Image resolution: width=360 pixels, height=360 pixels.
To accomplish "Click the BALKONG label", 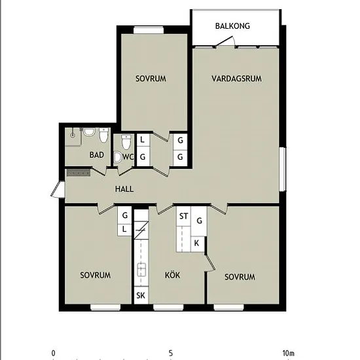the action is pos(232,26).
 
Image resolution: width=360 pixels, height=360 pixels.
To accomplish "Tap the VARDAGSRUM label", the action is pos(236,79).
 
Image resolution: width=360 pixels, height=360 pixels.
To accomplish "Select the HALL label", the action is pos(124,189).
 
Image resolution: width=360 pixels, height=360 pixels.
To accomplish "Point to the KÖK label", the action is pos(172,275).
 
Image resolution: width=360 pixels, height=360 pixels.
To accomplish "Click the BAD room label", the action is pos(97,155).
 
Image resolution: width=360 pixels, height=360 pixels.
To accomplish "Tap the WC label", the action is pos(128,157).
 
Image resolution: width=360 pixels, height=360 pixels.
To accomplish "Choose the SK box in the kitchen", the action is pos(141,295).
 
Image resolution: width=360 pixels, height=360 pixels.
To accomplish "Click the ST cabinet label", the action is pos(183,216).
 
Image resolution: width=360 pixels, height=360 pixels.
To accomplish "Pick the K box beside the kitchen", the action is pos(197,243).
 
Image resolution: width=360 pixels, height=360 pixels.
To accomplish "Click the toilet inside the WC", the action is pos(126,142).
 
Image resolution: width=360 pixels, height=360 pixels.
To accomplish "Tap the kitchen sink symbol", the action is pos(141,270).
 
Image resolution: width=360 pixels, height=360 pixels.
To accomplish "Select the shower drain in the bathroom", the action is pos(73,135).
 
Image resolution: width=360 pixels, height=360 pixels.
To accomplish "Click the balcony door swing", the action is pos(225,41).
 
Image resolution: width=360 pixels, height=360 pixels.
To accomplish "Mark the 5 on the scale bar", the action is pos(171,353).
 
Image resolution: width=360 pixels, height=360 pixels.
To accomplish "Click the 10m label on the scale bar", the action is pos(289,353).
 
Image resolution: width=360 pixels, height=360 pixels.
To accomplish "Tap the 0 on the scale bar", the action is pos(53,353).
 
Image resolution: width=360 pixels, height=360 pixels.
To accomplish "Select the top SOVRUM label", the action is pos(151,79).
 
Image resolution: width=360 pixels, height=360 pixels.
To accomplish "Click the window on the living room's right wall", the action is pos(282,170).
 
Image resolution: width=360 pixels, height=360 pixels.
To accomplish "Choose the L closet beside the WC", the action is pos(143,140).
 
